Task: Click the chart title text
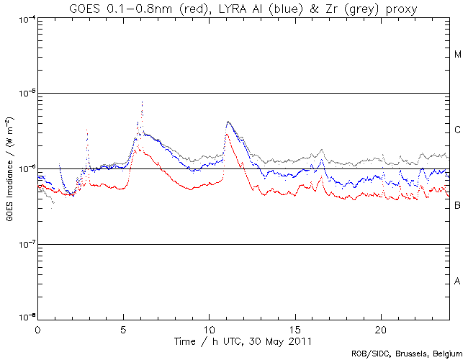click(234, 8)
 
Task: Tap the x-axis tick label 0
click(37, 329)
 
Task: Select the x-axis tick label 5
click(123, 329)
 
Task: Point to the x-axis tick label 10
click(209, 329)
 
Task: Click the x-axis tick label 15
click(294, 329)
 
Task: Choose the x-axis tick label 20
click(380, 329)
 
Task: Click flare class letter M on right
click(458, 55)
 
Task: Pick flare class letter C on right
click(458, 130)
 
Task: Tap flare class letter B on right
click(458, 206)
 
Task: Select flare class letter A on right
click(458, 281)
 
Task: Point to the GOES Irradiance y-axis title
click(9, 169)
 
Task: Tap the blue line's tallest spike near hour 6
click(143, 103)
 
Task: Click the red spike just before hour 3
click(87, 132)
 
